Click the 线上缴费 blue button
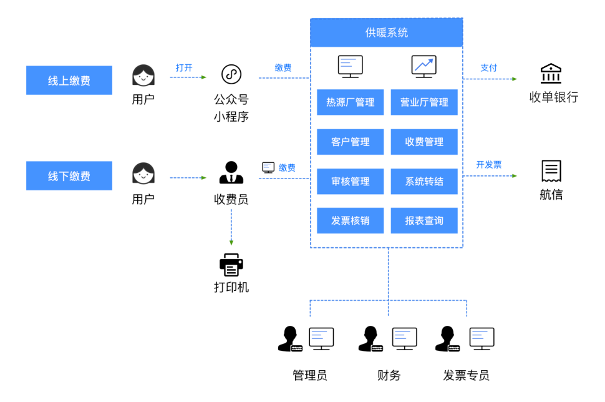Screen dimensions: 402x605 tap(69, 81)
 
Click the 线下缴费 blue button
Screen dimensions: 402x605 tap(69, 176)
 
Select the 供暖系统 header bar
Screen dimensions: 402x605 tap(386, 32)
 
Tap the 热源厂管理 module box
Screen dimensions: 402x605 tap(350, 102)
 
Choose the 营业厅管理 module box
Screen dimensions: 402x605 tap(424, 102)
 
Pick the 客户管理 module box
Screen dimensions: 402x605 tap(350, 142)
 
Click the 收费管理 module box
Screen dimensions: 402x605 tap(424, 142)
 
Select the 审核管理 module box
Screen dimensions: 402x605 tap(350, 182)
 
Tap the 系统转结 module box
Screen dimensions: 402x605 tap(424, 182)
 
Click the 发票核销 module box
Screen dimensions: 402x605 tap(350, 221)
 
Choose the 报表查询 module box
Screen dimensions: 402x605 tap(424, 221)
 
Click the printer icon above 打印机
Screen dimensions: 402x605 tap(231, 265)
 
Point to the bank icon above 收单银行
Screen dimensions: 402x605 tap(551, 74)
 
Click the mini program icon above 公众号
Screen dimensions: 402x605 tap(231, 74)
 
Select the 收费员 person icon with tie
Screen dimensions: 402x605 tap(231, 173)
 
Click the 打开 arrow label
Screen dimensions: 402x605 tap(184, 67)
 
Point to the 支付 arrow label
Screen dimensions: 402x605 tap(489, 67)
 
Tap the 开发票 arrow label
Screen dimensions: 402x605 tap(489, 165)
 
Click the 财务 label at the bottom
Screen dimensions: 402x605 tap(389, 375)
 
